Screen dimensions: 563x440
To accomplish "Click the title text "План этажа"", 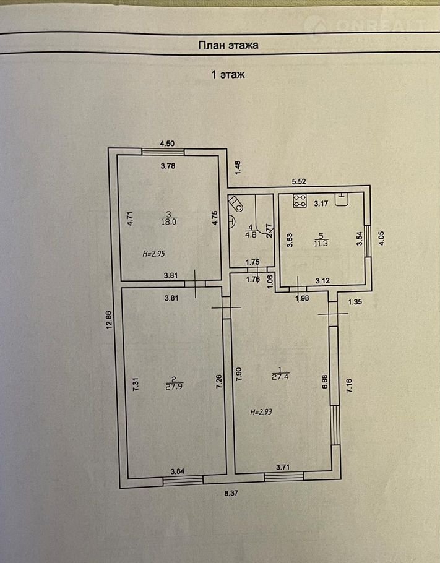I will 227,45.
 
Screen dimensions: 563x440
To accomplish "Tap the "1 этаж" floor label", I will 228,75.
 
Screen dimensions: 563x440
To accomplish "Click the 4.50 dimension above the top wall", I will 167,144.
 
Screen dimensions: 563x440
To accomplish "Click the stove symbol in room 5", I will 300,201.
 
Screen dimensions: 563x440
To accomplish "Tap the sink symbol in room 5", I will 342,199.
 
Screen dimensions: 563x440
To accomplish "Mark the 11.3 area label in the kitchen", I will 321,243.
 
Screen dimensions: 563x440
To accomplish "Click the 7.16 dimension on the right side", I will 349,389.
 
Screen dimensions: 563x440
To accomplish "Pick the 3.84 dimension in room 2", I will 178,471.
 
